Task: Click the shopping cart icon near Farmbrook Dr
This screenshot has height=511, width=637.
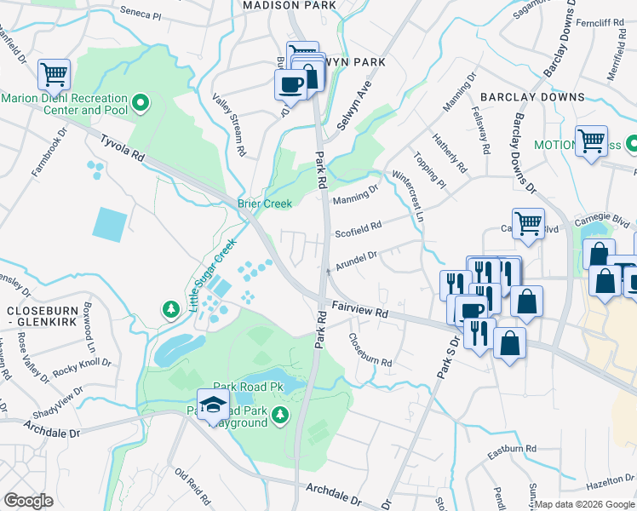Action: (x=54, y=75)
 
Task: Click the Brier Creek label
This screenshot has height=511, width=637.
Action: (x=264, y=204)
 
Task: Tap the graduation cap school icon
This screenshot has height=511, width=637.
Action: (x=212, y=405)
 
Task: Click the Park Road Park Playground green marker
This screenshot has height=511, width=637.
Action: (x=282, y=416)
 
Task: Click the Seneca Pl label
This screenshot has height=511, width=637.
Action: (x=141, y=14)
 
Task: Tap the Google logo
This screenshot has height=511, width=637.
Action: (x=28, y=501)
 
